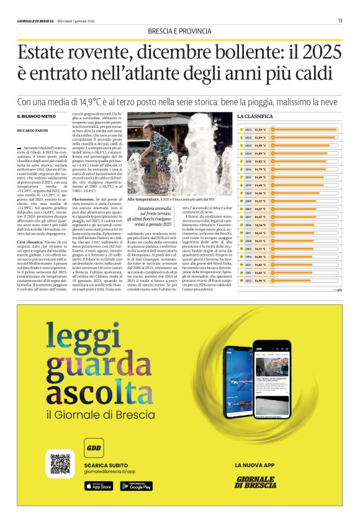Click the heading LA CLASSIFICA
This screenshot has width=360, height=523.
pos(255,116)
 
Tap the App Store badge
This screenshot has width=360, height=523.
pos(99,485)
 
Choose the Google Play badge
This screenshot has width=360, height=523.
pos(137,485)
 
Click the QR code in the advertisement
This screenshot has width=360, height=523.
pos(60,465)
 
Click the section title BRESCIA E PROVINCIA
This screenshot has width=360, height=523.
pos(179,32)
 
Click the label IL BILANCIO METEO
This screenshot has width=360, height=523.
pos(36,117)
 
